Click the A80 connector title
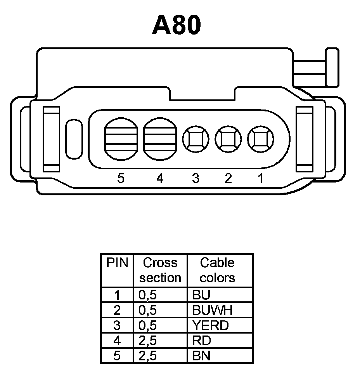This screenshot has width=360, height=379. tap(177, 26)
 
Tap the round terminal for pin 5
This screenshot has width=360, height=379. tap(121, 138)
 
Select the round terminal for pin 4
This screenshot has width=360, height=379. tap(160, 138)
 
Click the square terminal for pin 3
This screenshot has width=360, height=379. tap(196, 139)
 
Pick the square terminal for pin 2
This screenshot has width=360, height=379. tap(228, 139)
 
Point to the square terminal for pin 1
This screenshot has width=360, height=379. tap(260, 139)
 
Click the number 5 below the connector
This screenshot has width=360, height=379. tap(121, 179)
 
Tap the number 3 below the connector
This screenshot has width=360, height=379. tap(196, 179)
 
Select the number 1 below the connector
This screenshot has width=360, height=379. tap(260, 179)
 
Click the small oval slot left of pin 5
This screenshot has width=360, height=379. tap(74, 139)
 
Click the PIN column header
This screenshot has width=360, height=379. tap(117, 263)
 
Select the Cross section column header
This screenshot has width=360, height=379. tap(160, 270)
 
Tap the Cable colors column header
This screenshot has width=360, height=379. tap(218, 270)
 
